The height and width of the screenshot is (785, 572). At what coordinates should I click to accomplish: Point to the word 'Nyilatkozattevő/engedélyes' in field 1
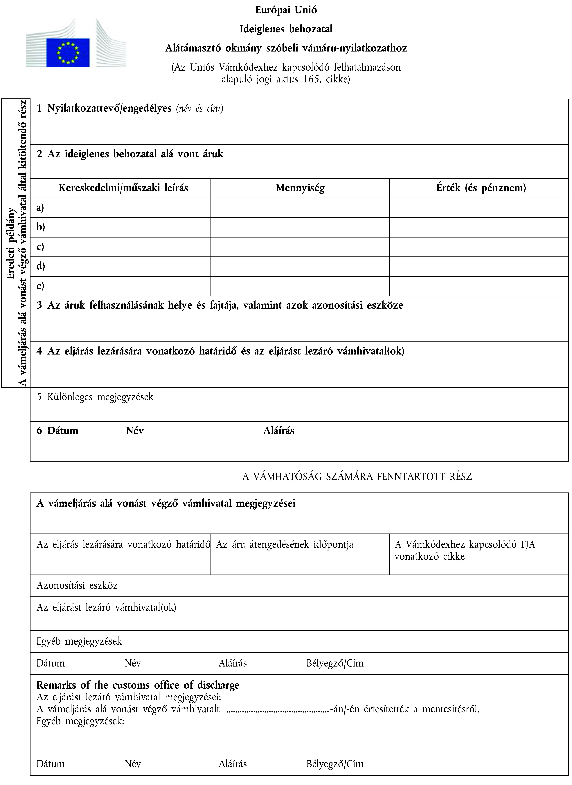[x=109, y=109]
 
